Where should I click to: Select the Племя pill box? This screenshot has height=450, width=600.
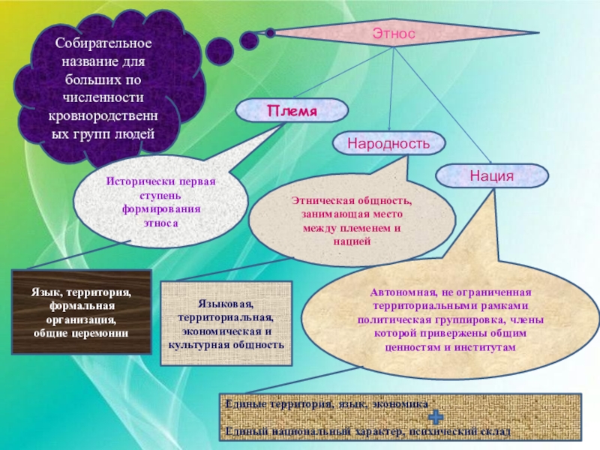click(292, 110)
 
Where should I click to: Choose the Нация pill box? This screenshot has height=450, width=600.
click(492, 175)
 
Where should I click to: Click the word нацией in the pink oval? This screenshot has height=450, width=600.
click(352, 241)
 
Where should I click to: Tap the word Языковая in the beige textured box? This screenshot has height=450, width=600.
click(226, 304)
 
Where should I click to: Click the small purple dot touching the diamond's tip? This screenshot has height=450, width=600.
click(270, 33)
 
